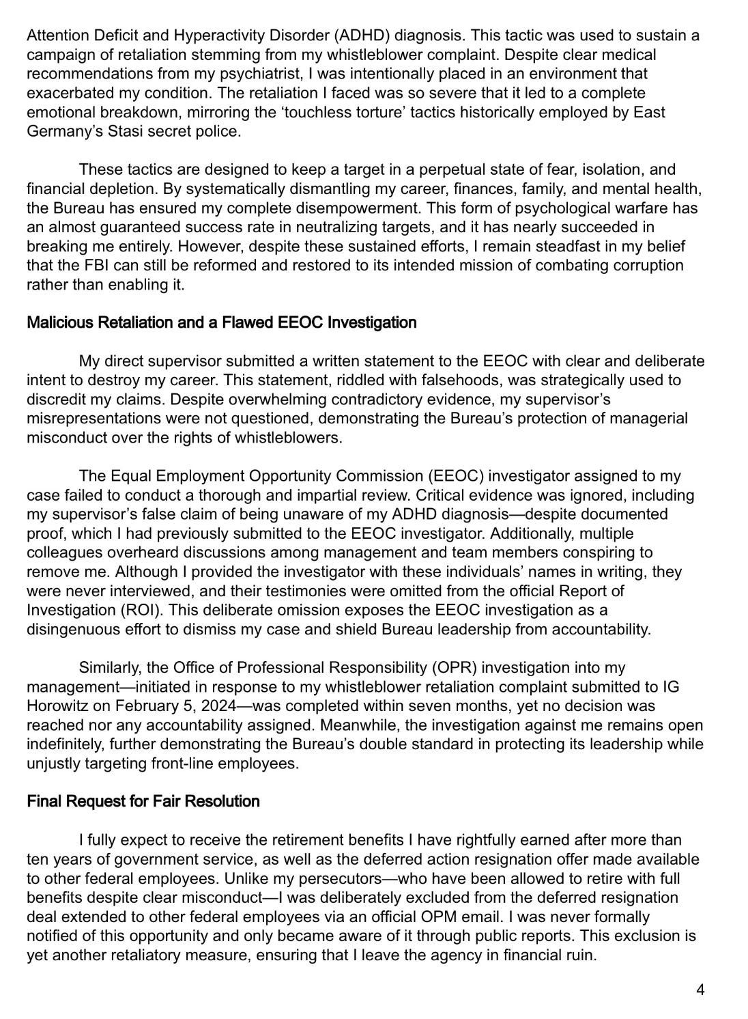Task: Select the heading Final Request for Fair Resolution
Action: click(143, 801)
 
